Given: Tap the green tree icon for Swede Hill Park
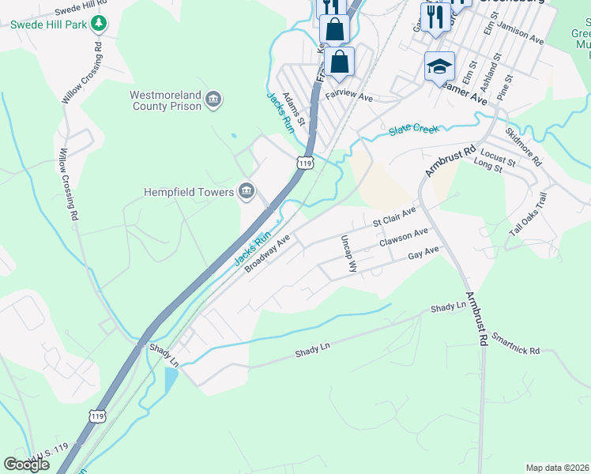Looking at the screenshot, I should pyautogui.click(x=99, y=24).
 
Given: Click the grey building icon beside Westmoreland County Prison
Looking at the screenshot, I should pyautogui.click(x=213, y=100).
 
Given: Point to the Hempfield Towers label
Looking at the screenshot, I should pyautogui.click(x=188, y=192).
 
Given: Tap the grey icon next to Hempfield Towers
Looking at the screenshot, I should pyautogui.click(x=247, y=191).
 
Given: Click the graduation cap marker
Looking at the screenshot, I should pyautogui.click(x=439, y=67).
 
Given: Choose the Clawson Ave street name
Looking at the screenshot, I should pyautogui.click(x=403, y=237).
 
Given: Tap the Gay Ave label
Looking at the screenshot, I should pyautogui.click(x=423, y=254).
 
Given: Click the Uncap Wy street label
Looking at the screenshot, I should pyautogui.click(x=348, y=254).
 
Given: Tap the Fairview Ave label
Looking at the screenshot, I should pyautogui.click(x=348, y=97).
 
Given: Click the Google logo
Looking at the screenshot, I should pyautogui.click(x=26, y=465).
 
